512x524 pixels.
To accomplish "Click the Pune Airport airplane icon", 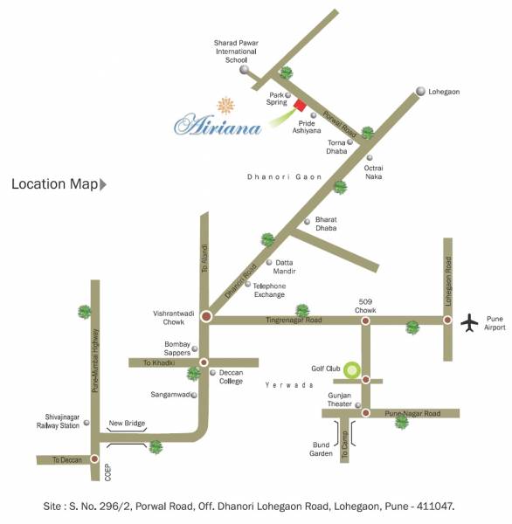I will coord(470,322).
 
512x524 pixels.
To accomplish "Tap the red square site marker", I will coord(300,106).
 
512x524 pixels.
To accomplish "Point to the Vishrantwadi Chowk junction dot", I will coord(206,316).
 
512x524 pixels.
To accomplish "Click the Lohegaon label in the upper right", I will coord(444,92).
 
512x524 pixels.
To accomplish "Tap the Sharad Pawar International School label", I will coord(237,52).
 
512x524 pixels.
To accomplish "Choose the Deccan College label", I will coord(232,377).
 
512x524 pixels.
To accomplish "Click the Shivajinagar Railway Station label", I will coord(60,423).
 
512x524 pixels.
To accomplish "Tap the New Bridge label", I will coord(126,424).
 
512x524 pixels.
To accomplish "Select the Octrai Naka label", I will coord(374,172).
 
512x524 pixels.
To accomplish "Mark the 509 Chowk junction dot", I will coord(365,321).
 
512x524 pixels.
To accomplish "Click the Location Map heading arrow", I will coord(103,184).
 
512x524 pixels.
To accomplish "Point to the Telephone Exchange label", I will coord(269,290).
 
